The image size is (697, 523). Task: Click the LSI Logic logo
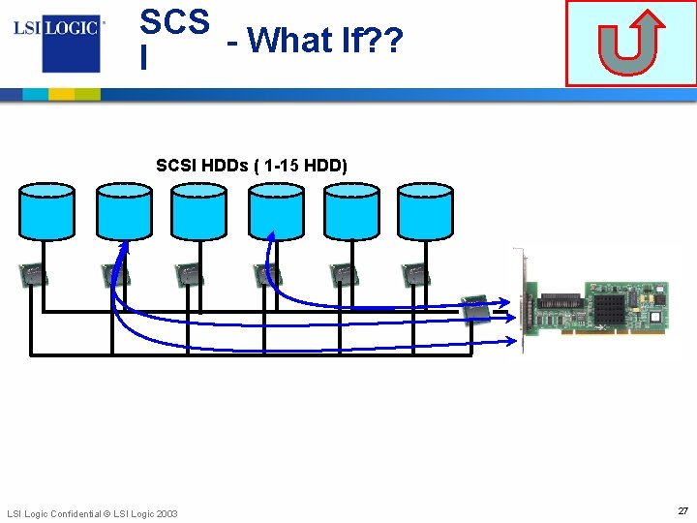click(x=57, y=38)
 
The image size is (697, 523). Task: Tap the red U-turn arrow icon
click(x=630, y=45)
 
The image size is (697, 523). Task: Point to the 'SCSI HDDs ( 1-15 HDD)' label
click(x=252, y=166)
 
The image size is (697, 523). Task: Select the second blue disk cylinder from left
click(x=124, y=211)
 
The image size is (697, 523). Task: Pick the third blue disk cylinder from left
click(x=198, y=211)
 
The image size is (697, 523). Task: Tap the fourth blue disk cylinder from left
click(x=276, y=211)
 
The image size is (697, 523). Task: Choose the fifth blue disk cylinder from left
click(x=350, y=211)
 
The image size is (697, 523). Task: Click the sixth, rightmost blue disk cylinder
click(x=426, y=211)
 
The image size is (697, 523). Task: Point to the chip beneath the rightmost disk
click(x=415, y=275)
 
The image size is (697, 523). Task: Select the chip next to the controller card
click(x=476, y=309)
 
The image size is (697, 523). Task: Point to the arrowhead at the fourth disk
click(x=271, y=235)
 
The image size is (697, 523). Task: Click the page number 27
click(x=682, y=510)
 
